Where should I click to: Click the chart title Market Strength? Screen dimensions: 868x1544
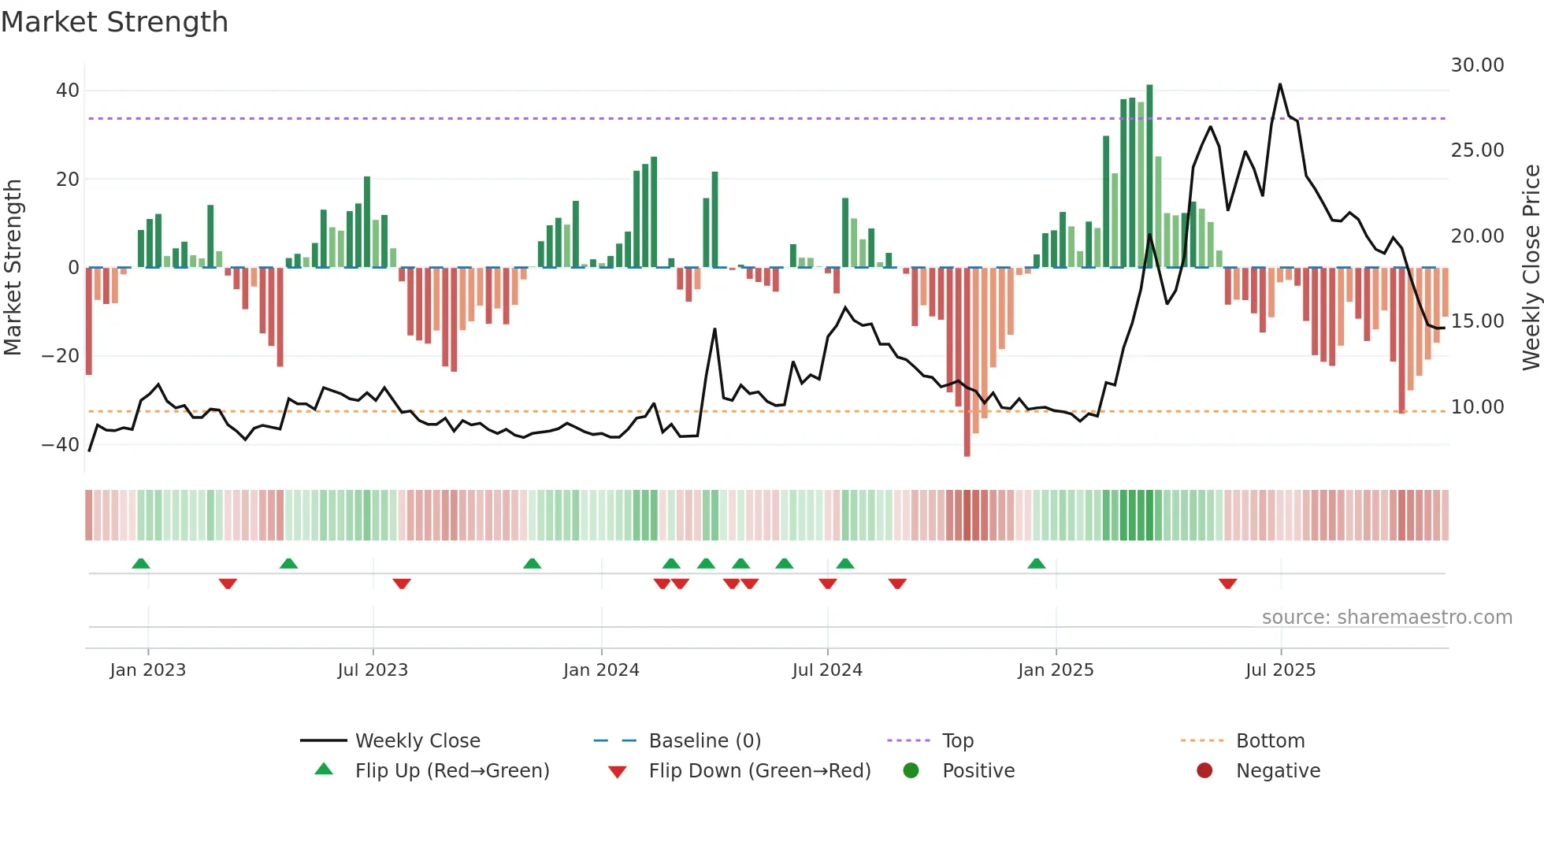(114, 22)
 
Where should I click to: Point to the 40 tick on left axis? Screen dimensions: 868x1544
(67, 91)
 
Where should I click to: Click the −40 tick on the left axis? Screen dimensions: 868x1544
(61, 444)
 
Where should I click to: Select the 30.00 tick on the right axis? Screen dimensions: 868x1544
(1477, 65)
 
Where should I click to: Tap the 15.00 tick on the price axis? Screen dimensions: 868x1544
(1477, 321)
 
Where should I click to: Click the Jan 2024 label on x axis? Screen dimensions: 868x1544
(601, 670)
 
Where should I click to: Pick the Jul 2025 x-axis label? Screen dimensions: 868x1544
(1280, 670)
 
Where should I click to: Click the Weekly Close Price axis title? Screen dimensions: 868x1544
(1531, 268)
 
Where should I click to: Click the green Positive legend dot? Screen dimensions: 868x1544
(911, 771)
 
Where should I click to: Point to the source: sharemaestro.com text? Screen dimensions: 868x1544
(1386, 618)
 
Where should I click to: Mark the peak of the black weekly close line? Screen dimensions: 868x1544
(1279, 84)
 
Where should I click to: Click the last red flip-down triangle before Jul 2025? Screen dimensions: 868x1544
(1227, 584)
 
